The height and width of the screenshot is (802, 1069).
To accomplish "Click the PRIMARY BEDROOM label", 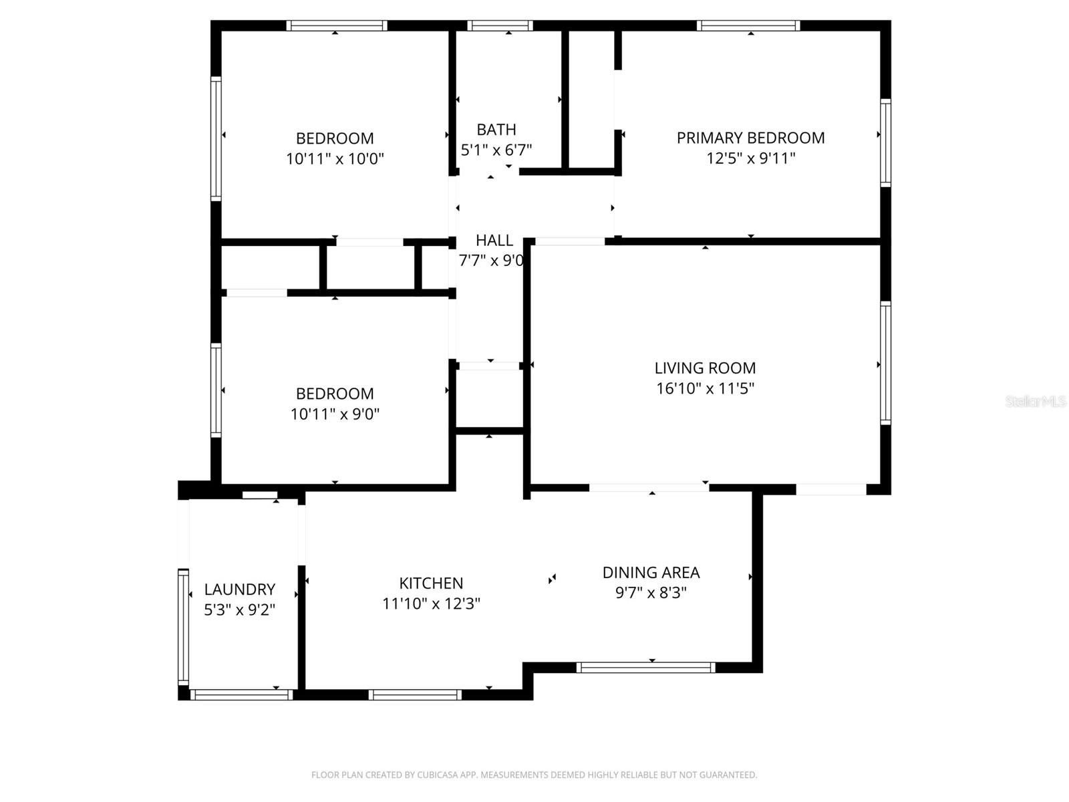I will [x=750, y=138].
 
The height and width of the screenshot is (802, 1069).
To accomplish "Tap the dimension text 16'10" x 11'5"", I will [x=705, y=388].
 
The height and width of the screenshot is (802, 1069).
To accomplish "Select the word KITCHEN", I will [x=431, y=583].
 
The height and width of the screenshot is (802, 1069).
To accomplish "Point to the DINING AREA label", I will [x=651, y=572].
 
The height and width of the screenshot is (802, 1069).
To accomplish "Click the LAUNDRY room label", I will [x=239, y=589].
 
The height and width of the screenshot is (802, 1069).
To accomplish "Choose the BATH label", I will [x=496, y=129].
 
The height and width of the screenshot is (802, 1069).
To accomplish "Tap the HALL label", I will [x=494, y=240].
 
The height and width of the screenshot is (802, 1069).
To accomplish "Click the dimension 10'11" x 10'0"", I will [x=335, y=159].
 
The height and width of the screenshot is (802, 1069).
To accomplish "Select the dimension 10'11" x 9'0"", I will [x=335, y=414].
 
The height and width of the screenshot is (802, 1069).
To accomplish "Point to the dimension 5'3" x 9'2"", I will [x=239, y=610].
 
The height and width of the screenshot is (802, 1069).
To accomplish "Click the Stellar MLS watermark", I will [x=1036, y=401].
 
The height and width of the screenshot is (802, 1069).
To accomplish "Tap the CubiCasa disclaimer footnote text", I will [x=534, y=775].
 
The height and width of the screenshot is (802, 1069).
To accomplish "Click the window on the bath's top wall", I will [x=500, y=26].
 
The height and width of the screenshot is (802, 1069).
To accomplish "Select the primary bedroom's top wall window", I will [x=748, y=26].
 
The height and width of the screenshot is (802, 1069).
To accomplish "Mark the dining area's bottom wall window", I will [x=645, y=667].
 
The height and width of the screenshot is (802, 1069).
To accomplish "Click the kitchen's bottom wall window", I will [x=415, y=695].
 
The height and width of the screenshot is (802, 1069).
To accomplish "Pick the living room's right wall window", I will [x=885, y=362].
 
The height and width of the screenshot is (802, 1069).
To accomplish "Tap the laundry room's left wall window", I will [x=182, y=626].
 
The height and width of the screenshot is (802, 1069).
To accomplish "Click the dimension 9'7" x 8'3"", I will [x=651, y=593].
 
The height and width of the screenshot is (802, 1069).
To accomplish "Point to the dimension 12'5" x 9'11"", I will [x=750, y=158].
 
